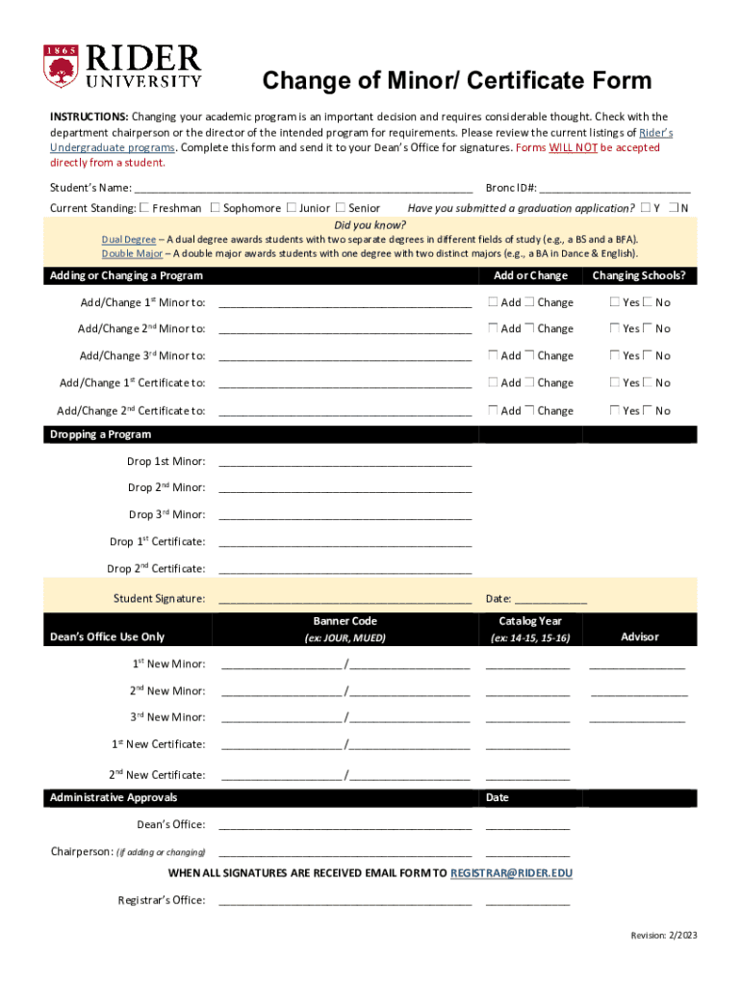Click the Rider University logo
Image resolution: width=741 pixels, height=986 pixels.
[x=122, y=66]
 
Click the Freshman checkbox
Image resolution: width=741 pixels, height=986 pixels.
[x=144, y=208]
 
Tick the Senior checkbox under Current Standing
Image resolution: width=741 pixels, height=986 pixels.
[x=340, y=208]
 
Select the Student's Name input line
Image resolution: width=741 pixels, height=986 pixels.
[x=303, y=189]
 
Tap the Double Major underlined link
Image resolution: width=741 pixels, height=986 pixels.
[x=133, y=253]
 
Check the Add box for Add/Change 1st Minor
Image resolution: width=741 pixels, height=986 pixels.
[x=493, y=302]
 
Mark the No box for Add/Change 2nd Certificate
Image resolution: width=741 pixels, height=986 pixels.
[x=648, y=410]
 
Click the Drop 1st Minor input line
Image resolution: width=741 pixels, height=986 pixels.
[x=345, y=463]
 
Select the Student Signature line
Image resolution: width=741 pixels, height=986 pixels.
[x=345, y=600]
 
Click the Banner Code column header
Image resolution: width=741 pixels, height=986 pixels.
[x=345, y=622]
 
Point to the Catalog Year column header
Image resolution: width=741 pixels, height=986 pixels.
[x=530, y=622]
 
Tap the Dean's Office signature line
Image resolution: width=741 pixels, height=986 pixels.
[x=345, y=826]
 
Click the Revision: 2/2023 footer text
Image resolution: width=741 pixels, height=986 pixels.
[x=663, y=936]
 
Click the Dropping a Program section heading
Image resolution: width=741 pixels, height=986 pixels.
[x=100, y=435]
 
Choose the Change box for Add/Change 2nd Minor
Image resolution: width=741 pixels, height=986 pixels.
[x=529, y=328]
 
